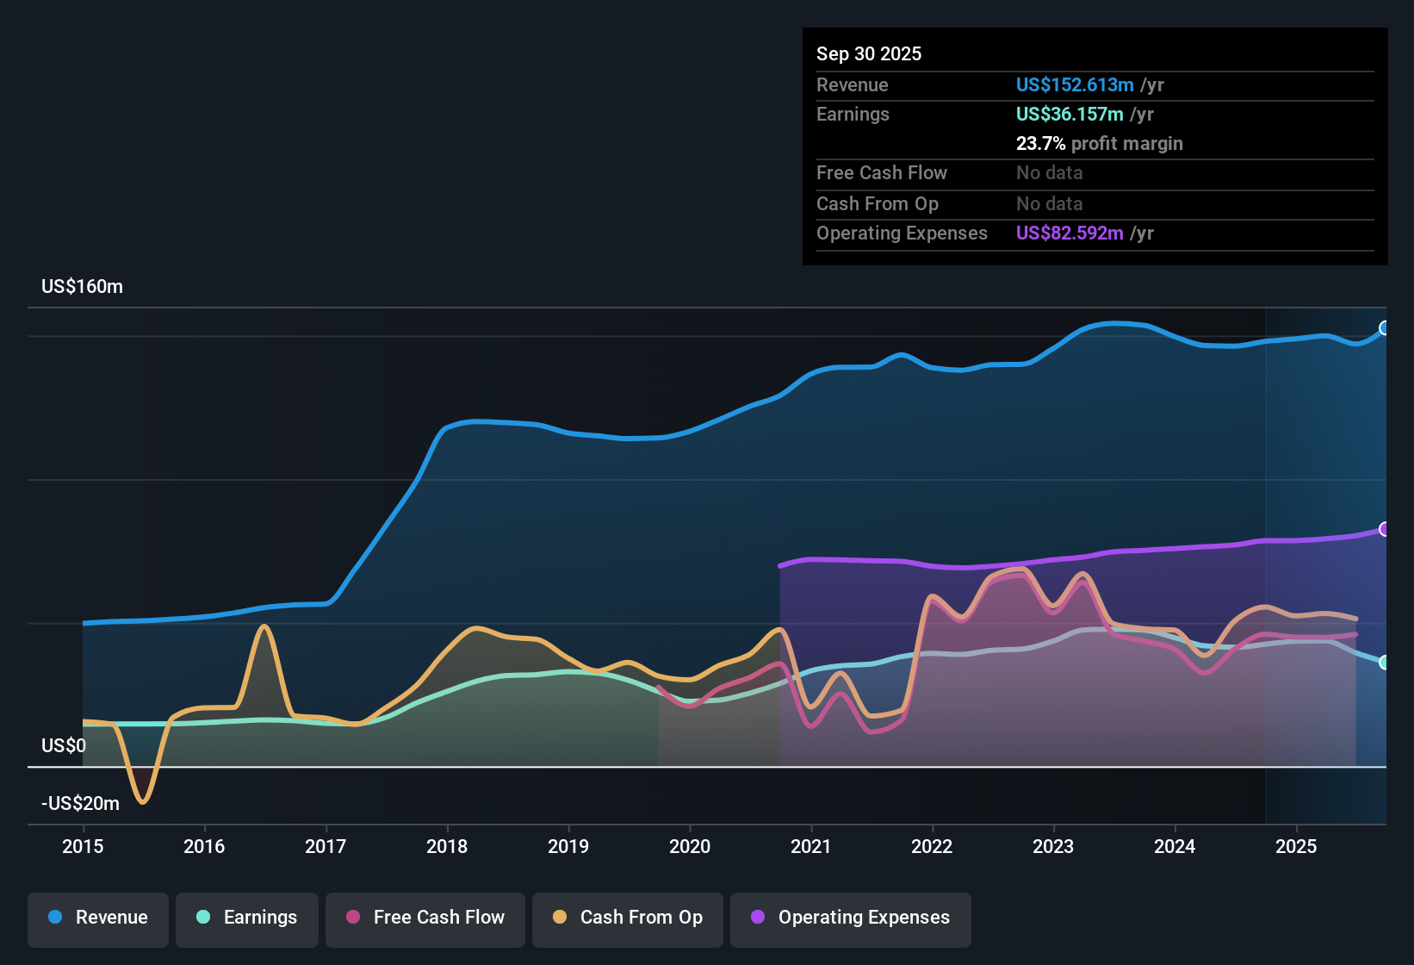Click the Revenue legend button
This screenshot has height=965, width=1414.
click(98, 918)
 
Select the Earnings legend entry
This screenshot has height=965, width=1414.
click(247, 918)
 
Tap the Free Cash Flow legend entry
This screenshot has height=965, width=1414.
click(425, 918)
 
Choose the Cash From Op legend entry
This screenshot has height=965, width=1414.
click(628, 918)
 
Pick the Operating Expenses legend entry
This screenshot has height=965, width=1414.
click(851, 918)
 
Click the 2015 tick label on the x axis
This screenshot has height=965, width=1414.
click(83, 846)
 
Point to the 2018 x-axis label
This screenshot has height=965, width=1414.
click(447, 846)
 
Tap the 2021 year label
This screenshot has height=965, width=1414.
click(810, 846)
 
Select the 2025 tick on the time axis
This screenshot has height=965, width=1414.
click(1296, 846)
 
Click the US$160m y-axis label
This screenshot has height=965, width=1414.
click(82, 287)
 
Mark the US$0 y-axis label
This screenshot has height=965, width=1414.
click(64, 745)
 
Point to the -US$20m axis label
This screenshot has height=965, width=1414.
click(80, 803)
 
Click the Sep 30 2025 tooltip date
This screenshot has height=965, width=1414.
click(868, 53)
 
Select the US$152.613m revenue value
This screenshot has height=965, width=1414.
click(1074, 84)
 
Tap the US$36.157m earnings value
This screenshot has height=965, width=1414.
click(1069, 114)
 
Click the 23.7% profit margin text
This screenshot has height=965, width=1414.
click(1099, 143)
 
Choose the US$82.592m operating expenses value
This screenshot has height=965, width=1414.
click(1069, 233)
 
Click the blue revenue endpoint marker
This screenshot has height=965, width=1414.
click(1384, 327)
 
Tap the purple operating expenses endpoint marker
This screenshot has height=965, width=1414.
click(1384, 529)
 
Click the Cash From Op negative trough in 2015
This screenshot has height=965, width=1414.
click(143, 801)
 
